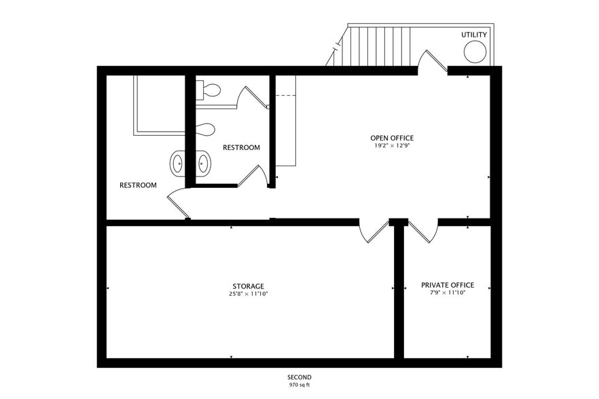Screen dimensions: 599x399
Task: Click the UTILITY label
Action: (474, 35)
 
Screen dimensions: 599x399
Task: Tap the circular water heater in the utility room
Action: (475, 52)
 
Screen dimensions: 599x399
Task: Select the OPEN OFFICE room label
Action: (392, 138)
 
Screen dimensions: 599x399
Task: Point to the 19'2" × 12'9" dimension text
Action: (392, 145)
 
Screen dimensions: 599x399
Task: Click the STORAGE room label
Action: (249, 286)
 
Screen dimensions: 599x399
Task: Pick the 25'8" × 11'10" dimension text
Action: (249, 294)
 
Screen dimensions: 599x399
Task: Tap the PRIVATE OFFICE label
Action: (448, 285)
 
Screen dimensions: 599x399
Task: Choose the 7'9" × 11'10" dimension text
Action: (448, 293)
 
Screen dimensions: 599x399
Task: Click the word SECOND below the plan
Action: (299, 377)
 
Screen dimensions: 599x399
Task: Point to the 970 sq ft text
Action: (299, 385)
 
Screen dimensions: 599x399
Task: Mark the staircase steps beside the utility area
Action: (376, 46)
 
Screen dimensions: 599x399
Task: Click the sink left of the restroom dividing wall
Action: (177, 164)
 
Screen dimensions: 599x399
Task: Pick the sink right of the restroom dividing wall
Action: (204, 164)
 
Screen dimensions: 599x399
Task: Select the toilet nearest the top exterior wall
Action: (208, 91)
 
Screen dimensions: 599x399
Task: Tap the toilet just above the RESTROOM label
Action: (205, 129)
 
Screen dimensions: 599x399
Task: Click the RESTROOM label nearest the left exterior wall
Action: (138, 185)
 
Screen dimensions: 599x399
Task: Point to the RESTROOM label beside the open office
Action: (241, 147)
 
